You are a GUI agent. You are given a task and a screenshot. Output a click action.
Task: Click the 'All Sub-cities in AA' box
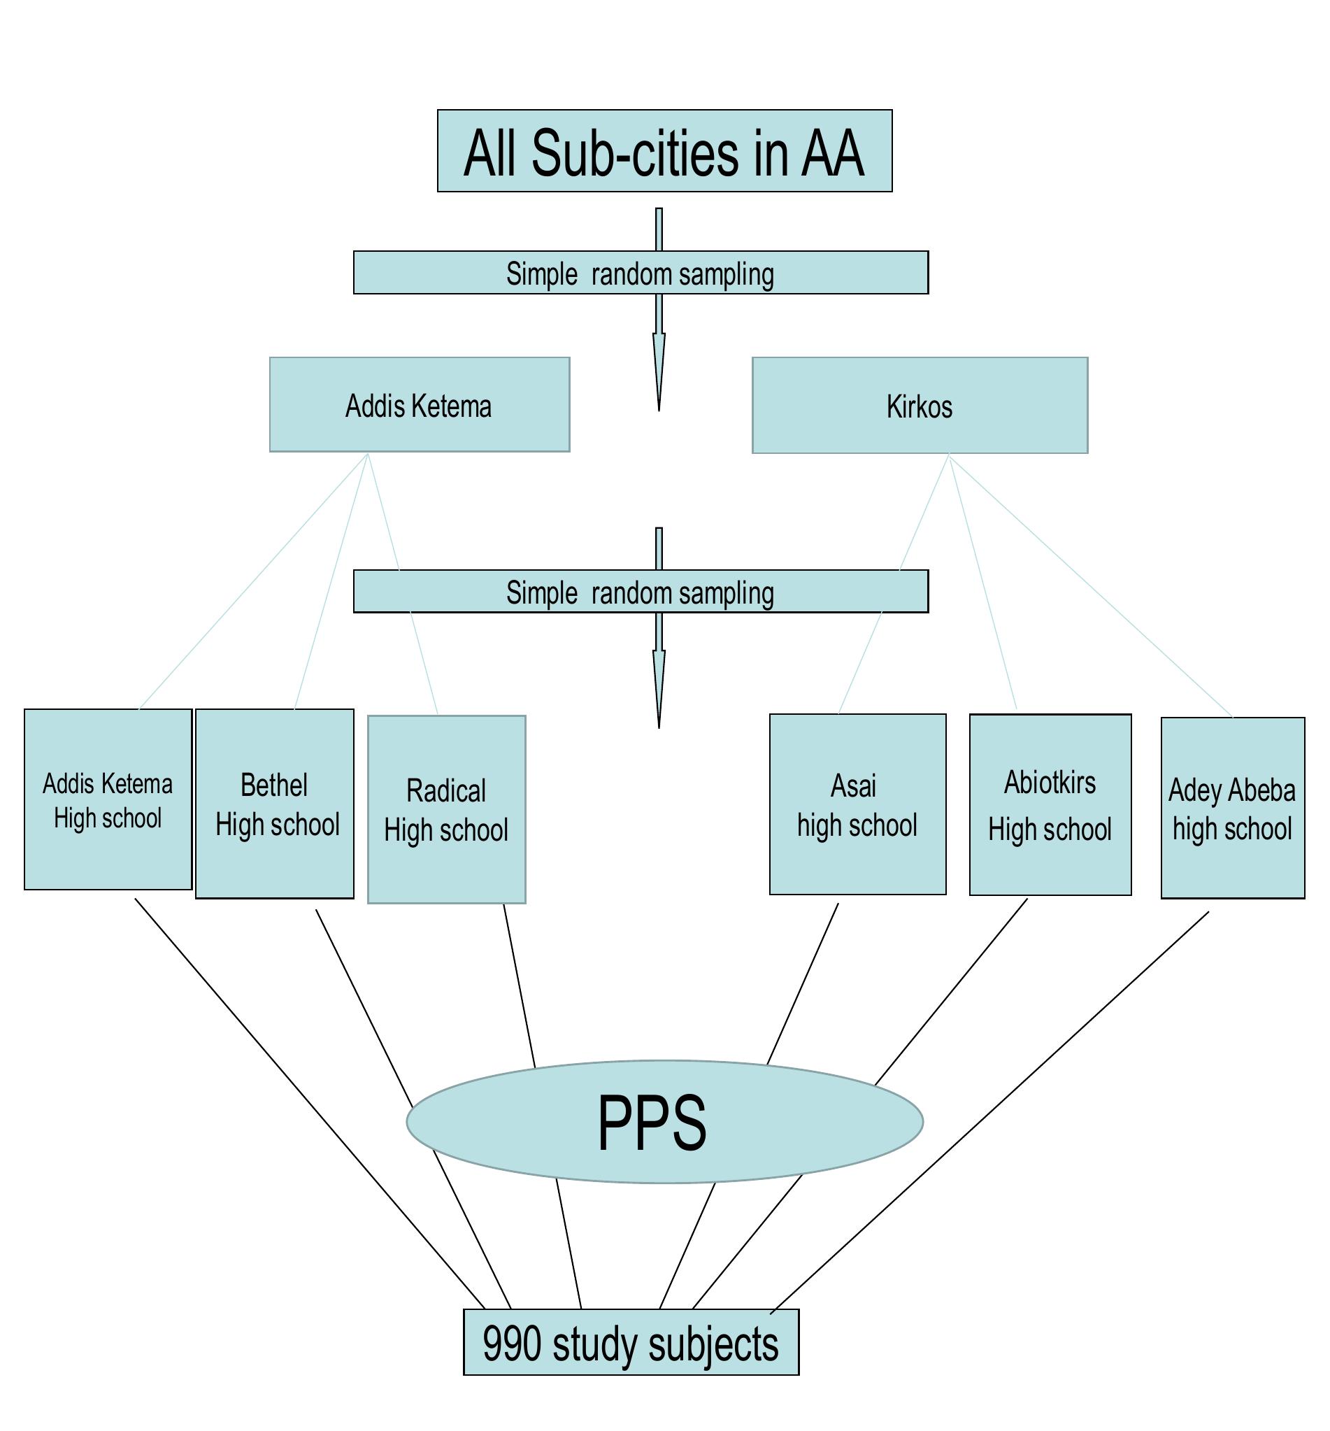pyautogui.click(x=664, y=151)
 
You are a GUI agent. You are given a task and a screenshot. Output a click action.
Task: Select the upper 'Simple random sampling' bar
pyautogui.click(x=641, y=273)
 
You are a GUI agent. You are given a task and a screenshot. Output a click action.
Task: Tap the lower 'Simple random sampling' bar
pyautogui.click(x=641, y=592)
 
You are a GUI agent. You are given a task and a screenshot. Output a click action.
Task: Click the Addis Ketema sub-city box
pyautogui.click(x=420, y=404)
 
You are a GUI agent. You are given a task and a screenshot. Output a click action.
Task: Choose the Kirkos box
pyautogui.click(x=920, y=405)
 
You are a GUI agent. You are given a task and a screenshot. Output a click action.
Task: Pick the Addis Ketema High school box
pyautogui.click(x=108, y=799)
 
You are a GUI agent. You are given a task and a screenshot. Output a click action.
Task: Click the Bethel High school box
pyautogui.click(x=274, y=804)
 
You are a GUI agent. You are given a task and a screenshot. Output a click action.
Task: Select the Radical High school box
pyautogui.click(x=446, y=809)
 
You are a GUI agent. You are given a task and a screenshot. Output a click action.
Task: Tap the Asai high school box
pyautogui.click(x=857, y=804)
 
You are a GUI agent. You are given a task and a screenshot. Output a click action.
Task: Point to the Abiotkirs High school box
pyautogui.click(x=1050, y=805)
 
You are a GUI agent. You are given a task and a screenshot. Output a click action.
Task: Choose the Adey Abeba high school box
pyautogui.click(x=1232, y=808)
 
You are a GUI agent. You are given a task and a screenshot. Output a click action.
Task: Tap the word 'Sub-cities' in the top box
pyautogui.click(x=635, y=152)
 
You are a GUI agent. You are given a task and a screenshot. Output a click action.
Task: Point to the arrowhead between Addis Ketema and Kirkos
pyautogui.click(x=659, y=374)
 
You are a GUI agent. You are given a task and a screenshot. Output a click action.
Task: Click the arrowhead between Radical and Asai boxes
pyautogui.click(x=659, y=691)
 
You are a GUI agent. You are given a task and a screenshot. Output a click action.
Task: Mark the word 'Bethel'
pyautogui.click(x=274, y=785)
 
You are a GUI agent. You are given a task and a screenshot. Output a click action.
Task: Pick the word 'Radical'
pyautogui.click(x=446, y=790)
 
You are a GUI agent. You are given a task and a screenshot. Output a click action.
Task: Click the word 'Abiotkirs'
pyautogui.click(x=1050, y=783)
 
